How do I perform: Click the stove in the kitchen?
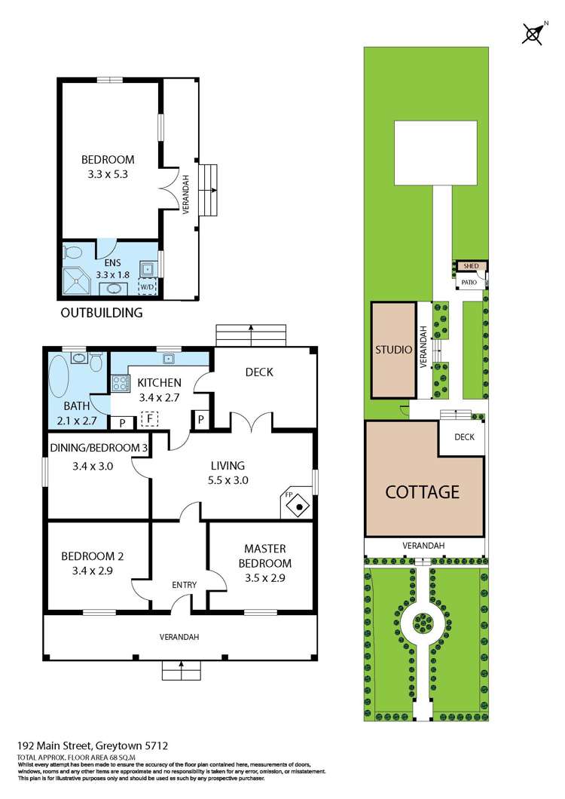click(120, 382)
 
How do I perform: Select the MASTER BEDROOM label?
click(265, 556)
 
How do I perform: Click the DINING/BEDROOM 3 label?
click(98, 448)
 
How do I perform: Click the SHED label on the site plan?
click(471, 266)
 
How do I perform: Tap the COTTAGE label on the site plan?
click(422, 492)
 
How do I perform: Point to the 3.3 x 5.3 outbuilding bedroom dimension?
click(108, 174)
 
